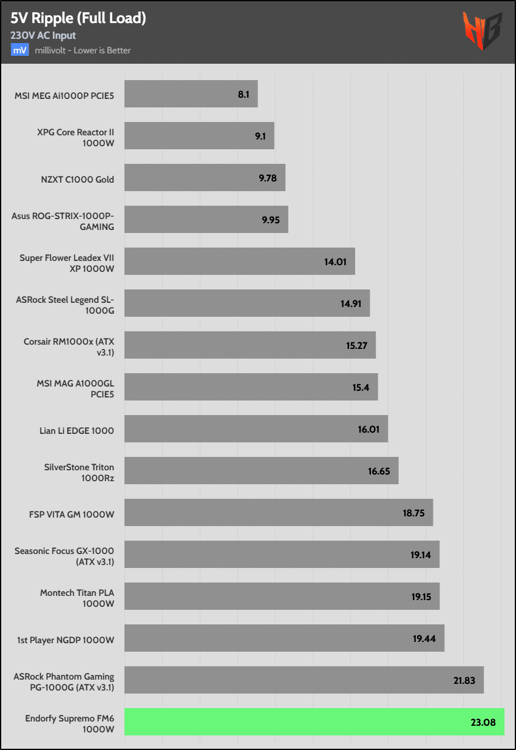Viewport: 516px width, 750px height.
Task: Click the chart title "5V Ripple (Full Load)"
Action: tap(78, 19)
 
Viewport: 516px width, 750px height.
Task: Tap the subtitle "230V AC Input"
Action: tap(43, 36)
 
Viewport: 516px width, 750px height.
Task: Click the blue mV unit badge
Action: tap(19, 50)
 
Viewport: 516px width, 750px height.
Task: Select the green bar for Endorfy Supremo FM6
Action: tap(314, 722)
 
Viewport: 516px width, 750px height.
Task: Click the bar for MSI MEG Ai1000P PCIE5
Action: tap(191, 94)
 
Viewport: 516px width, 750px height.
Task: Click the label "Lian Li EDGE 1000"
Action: tap(76, 431)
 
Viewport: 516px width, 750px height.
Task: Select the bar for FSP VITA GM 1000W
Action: tap(278, 513)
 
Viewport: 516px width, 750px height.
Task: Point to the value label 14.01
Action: tap(334, 262)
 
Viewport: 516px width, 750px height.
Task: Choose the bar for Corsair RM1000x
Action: tap(250, 345)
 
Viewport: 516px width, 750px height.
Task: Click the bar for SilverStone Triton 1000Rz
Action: tap(261, 471)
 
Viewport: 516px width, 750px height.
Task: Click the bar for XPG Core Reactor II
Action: tap(199, 136)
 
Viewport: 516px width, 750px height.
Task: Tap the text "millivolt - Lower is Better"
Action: tap(83, 50)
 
